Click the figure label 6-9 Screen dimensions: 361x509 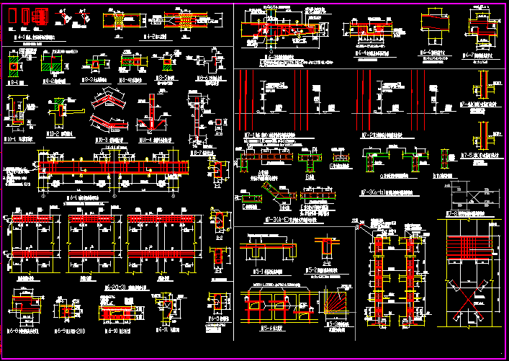click(66, 333)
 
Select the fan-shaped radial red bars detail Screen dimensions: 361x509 click(337, 302)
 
